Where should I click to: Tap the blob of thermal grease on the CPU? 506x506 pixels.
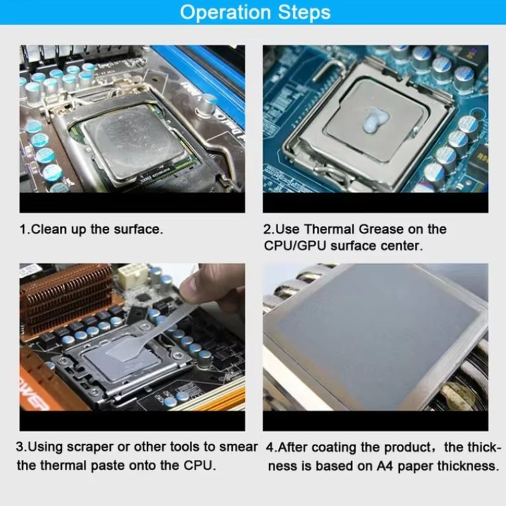(375, 121)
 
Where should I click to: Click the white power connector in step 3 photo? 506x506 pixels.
(133, 276)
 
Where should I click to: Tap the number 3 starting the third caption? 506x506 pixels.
(20, 447)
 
